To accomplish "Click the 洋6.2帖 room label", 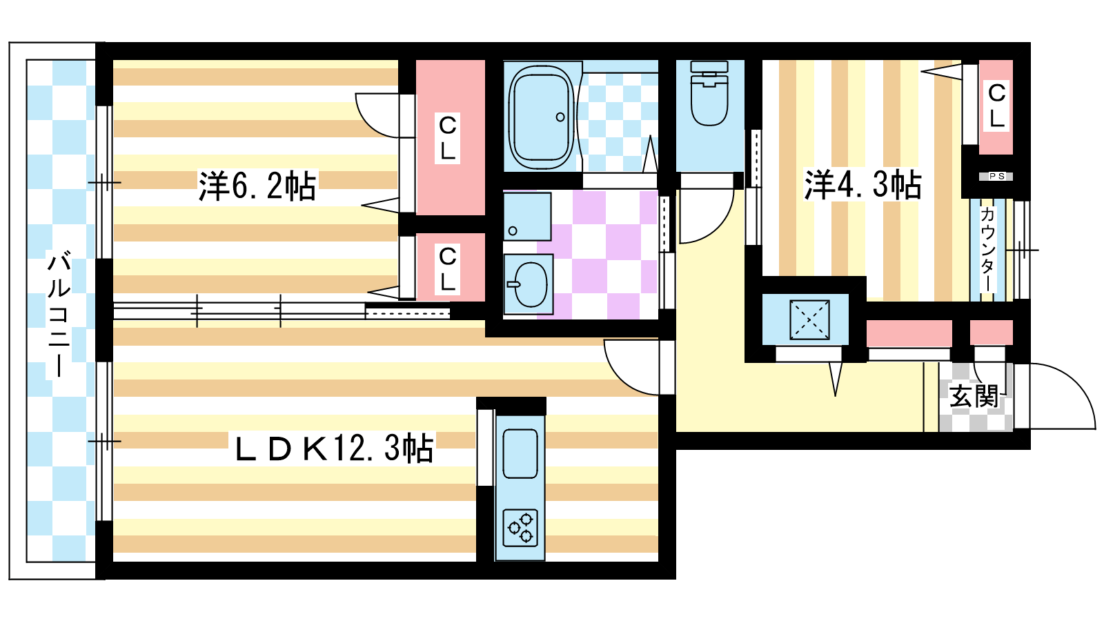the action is [x=257, y=186].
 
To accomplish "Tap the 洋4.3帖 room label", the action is [x=862, y=185].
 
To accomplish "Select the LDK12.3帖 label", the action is [x=334, y=448].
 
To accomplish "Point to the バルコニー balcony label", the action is [x=59, y=315].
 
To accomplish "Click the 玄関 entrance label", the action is [x=974, y=396].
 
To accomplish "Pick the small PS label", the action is [x=996, y=176].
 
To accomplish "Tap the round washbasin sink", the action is [x=529, y=284].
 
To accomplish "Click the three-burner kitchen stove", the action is [x=520, y=528].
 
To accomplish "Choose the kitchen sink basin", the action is [x=520, y=453].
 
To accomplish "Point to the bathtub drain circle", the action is [x=560, y=117].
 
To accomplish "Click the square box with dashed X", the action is [x=809, y=320].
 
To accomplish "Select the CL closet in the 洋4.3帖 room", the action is [x=996, y=107].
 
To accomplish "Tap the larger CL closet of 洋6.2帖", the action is [x=450, y=137].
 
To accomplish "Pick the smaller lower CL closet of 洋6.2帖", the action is [x=450, y=267].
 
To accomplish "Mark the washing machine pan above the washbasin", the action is [x=527, y=217].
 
